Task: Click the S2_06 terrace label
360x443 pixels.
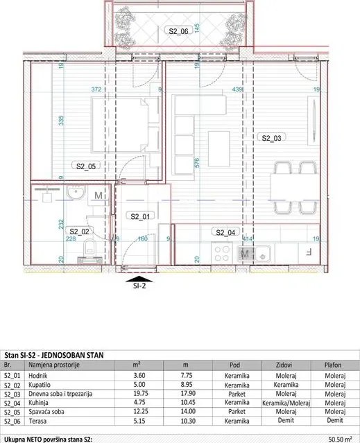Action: point(178,31)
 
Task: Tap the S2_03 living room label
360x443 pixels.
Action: point(271,138)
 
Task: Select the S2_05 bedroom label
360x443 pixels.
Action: point(86,166)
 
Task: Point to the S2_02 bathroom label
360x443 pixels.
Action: point(79,232)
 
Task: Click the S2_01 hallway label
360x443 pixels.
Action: point(140,216)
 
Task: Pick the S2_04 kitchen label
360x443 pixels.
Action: point(225,232)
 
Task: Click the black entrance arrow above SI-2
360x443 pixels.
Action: point(139,279)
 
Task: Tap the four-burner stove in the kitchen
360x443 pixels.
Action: point(223,254)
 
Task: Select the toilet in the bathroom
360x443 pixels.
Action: point(90,246)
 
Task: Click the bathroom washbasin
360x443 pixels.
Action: point(75,193)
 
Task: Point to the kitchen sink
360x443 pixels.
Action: point(263,253)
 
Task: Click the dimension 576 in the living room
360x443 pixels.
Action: point(197,162)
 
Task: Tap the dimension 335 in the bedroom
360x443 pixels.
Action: point(61,121)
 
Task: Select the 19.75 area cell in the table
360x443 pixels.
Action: point(139,393)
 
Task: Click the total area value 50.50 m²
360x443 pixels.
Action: point(340,440)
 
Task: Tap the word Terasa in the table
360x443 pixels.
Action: point(37,421)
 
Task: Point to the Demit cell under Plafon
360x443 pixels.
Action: point(335,420)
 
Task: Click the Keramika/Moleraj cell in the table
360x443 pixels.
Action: point(286,403)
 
